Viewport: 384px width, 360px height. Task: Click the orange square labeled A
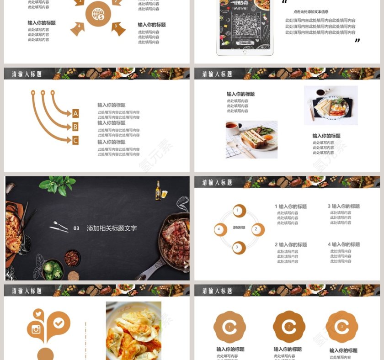click(75, 113)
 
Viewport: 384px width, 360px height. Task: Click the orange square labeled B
click(75, 127)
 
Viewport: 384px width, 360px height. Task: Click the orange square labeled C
click(75, 140)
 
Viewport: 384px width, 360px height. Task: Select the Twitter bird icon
click(38, 314)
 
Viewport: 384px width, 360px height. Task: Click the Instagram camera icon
click(36, 329)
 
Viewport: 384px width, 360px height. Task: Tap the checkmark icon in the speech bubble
click(59, 323)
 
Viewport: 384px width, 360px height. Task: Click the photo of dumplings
click(133, 330)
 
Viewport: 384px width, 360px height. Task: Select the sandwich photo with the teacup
click(251, 139)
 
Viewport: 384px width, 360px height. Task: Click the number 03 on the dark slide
click(76, 228)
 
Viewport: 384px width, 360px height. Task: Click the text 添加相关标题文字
click(112, 228)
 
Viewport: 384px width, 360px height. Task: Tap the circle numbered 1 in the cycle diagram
click(237, 211)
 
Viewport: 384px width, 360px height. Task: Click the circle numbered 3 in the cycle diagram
click(237, 248)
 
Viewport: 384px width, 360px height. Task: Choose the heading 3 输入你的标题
click(343, 206)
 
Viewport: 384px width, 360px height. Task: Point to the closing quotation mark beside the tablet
click(357, 41)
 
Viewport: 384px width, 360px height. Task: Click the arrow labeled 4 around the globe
click(77, 28)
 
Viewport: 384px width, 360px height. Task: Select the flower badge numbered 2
click(289, 327)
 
